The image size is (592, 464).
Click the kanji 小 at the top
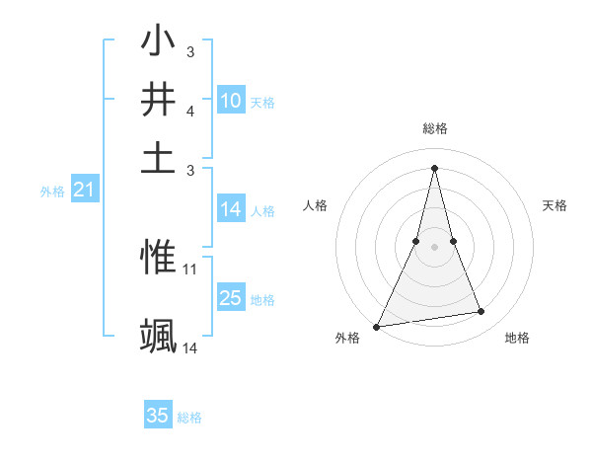(x=158, y=43)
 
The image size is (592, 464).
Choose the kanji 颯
(x=158, y=337)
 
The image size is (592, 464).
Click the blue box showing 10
(x=231, y=100)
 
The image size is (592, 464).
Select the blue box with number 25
(x=231, y=299)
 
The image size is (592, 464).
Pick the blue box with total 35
(x=158, y=416)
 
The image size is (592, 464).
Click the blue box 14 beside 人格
(x=231, y=209)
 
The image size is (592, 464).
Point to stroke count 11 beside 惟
(x=190, y=269)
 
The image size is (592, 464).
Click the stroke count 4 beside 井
(x=189, y=111)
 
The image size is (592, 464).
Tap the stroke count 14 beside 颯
(x=190, y=348)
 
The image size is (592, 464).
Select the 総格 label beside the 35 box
(x=189, y=418)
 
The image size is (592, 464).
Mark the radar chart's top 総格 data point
(x=434, y=167)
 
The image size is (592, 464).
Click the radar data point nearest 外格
(x=377, y=327)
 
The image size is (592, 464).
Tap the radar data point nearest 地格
(x=481, y=312)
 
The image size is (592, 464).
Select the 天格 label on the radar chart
(x=555, y=205)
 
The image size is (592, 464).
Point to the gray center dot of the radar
(x=434, y=247)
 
